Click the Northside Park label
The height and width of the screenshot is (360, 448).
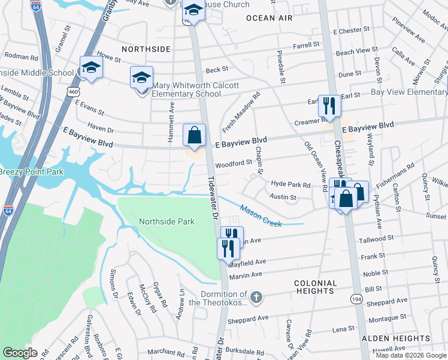(167, 221)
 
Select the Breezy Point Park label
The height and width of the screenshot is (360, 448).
(30, 172)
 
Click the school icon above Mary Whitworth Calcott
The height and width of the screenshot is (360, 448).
(141, 77)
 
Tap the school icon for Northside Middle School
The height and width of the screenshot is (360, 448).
(91, 68)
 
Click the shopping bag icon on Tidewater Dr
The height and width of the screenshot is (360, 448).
(195, 135)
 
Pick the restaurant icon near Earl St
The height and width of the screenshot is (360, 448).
(329, 106)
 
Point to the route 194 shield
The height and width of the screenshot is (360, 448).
(357, 298)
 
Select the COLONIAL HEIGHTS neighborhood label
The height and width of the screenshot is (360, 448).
(314, 287)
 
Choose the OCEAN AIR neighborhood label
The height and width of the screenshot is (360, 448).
(270, 18)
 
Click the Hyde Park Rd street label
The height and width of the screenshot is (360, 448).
(290, 185)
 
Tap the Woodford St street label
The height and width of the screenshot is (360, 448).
(234, 163)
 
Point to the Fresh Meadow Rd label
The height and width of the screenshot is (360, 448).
(241, 112)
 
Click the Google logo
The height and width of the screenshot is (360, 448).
(20, 353)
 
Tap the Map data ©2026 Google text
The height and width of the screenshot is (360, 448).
(411, 355)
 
